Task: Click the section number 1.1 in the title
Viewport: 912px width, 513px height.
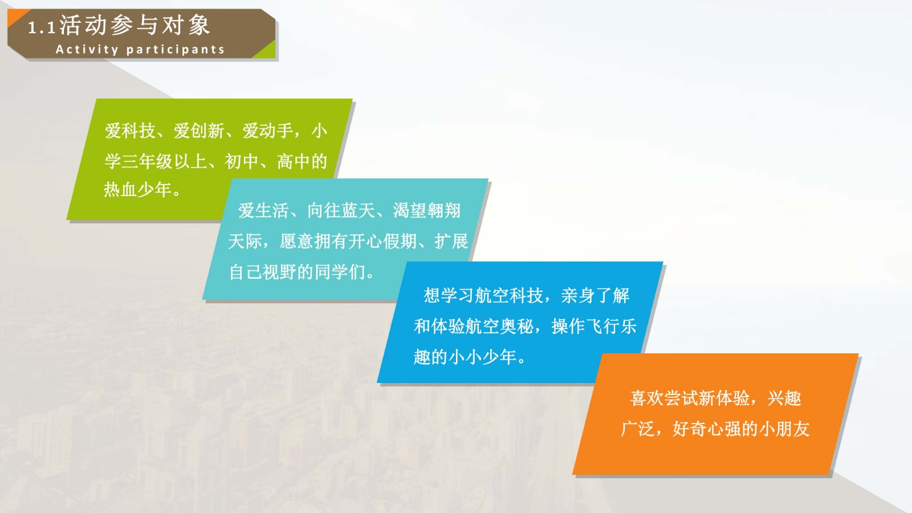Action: (x=42, y=28)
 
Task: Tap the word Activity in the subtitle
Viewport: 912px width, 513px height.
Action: (x=87, y=50)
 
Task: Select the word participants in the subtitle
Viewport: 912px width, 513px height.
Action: (x=176, y=50)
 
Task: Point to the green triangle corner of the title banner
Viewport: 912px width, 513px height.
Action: (x=267, y=51)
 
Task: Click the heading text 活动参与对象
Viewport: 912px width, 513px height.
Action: (x=135, y=25)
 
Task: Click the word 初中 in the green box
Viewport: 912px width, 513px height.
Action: (x=242, y=161)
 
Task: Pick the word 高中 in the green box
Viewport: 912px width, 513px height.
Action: (x=294, y=161)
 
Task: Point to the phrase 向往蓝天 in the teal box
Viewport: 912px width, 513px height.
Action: (x=341, y=210)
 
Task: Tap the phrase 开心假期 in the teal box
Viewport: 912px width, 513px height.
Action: (x=383, y=241)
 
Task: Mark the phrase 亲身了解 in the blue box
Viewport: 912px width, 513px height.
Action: (x=595, y=296)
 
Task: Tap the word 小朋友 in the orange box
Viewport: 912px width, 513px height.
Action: (x=784, y=429)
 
